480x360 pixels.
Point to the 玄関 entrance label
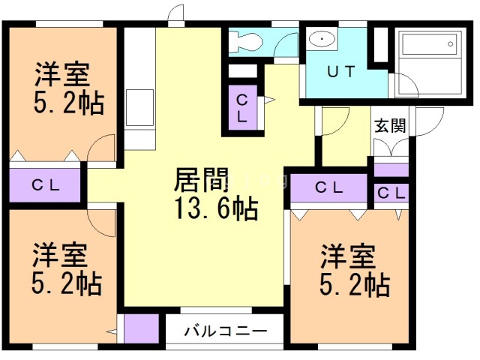(x=390, y=124)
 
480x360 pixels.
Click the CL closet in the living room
(x=243, y=109)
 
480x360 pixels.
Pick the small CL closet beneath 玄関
(x=391, y=193)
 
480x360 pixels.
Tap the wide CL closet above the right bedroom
(x=329, y=187)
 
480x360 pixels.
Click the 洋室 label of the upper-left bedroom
(x=63, y=76)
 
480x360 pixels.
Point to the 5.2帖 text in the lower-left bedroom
(x=67, y=283)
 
